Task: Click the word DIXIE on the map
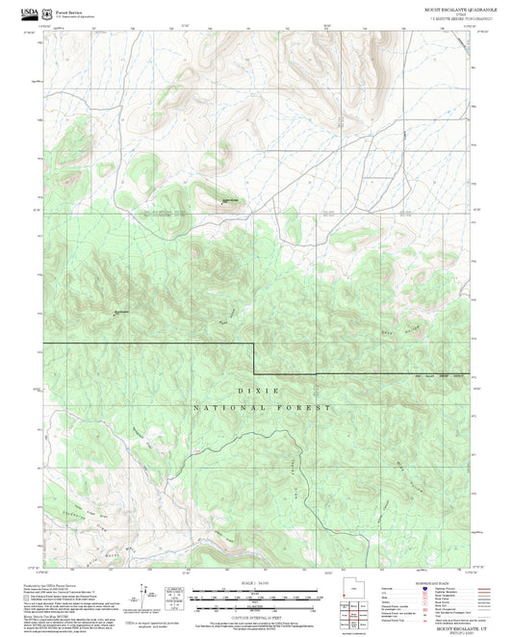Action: [257, 392]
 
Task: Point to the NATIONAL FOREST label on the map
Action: [261, 407]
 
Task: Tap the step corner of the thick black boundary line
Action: [254, 344]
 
